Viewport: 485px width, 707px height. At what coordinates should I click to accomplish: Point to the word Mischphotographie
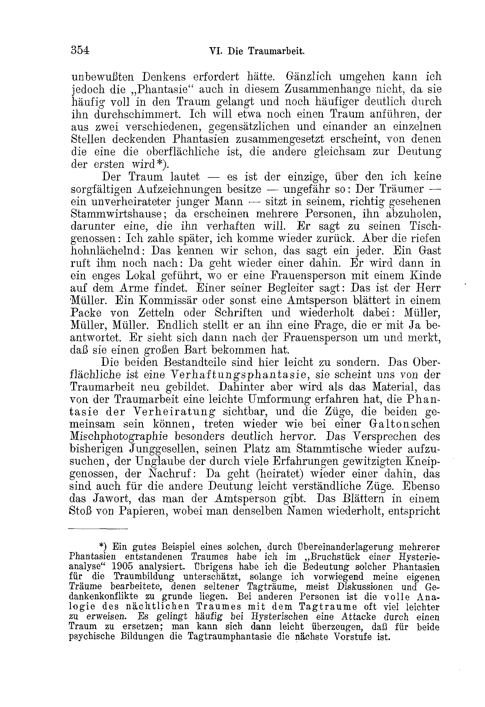119,437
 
